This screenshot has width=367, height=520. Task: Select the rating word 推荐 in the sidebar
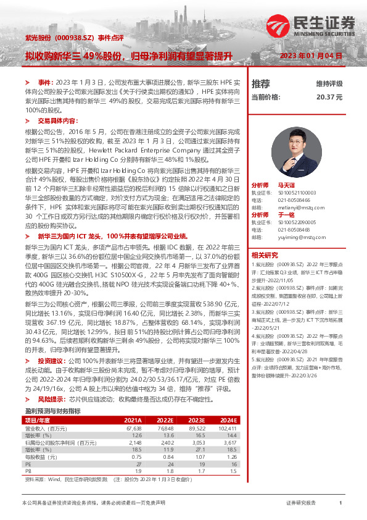(261, 83)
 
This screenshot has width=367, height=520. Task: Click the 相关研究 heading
(264, 254)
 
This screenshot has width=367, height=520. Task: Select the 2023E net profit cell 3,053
(195, 426)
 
